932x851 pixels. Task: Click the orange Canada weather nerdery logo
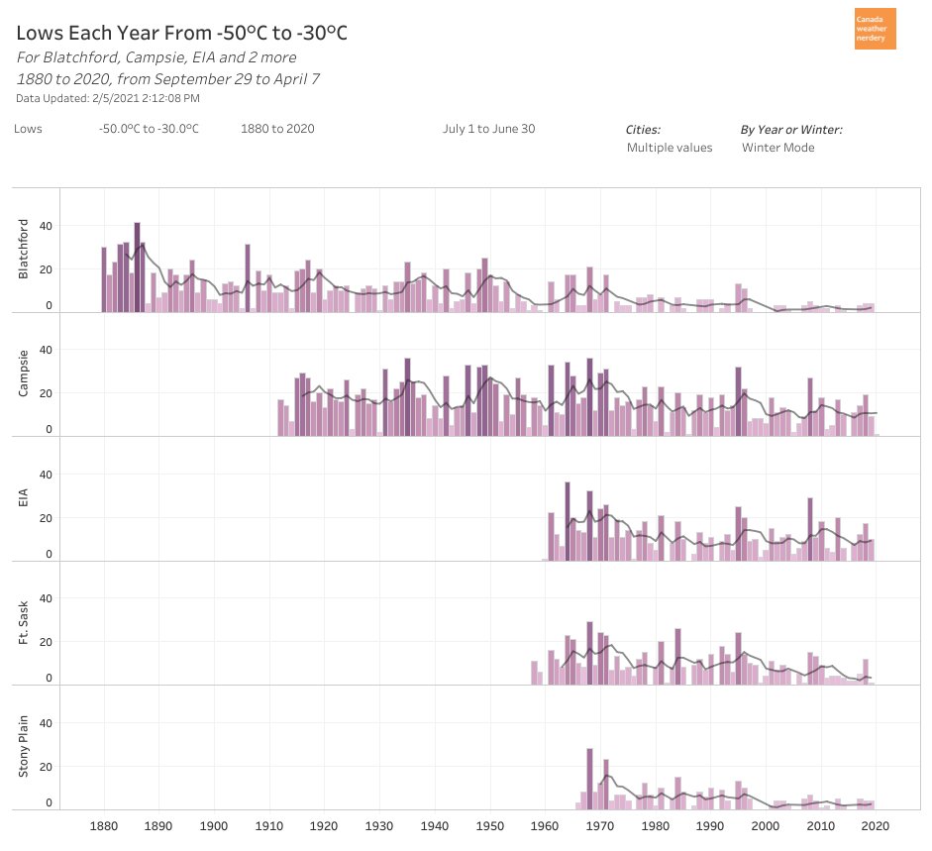[x=875, y=29]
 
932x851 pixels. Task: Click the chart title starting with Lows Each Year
[x=182, y=34]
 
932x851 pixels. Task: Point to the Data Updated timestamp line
[x=108, y=98]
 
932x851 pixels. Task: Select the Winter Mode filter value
[x=777, y=148]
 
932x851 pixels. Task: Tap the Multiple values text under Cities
[x=669, y=148]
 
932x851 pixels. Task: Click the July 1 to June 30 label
[x=488, y=129]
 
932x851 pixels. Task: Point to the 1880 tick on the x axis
[x=103, y=825]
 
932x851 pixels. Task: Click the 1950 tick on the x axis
[x=489, y=825]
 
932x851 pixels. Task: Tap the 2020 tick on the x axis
[x=876, y=825]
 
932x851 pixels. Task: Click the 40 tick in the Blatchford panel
[x=45, y=226]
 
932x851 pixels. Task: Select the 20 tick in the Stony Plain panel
[x=45, y=767]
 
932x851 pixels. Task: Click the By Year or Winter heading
[x=791, y=129]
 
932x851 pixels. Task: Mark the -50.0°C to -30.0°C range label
[x=149, y=129]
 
